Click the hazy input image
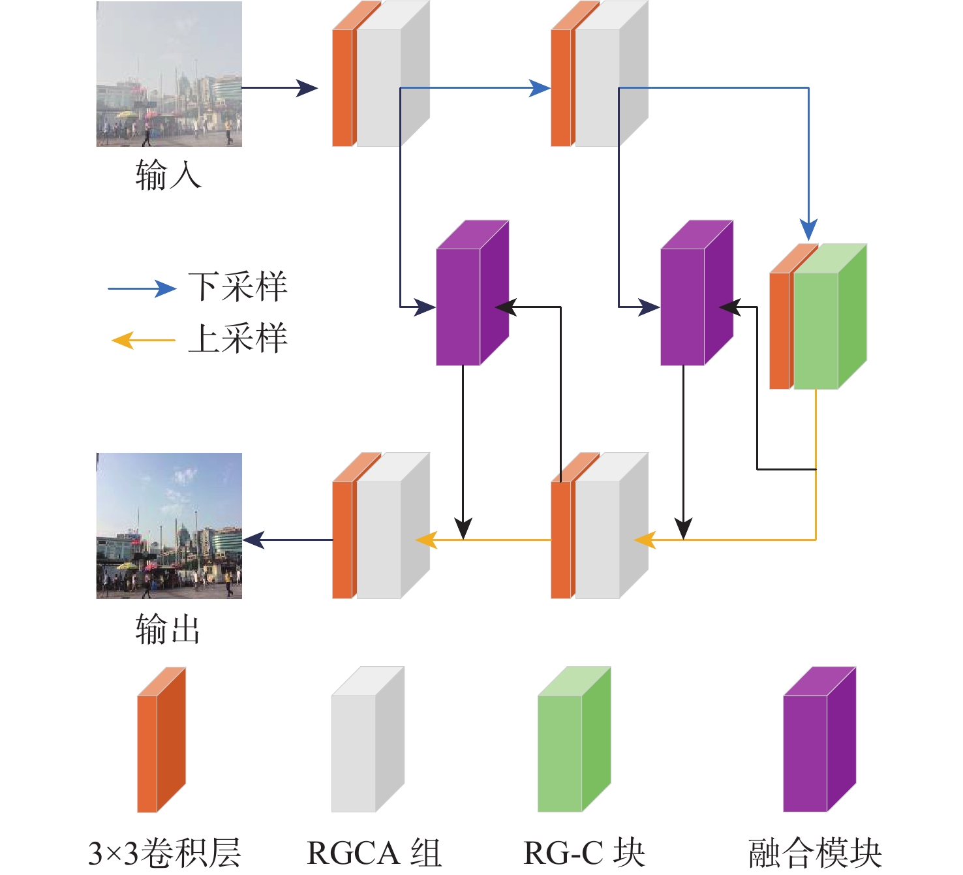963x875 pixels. point(169,74)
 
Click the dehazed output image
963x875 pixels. point(169,526)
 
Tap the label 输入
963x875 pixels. point(168,175)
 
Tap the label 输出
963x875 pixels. point(168,629)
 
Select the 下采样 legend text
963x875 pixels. point(238,287)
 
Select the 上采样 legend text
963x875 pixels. point(238,339)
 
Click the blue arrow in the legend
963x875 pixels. point(142,288)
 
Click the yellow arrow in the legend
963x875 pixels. point(144,340)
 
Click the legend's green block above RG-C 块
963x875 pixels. point(573,744)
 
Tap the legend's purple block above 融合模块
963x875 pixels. point(818,744)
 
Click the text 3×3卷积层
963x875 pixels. point(164,853)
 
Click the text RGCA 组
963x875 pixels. point(374,853)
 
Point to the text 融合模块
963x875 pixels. point(815,853)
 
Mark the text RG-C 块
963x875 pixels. point(584,853)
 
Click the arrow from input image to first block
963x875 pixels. point(279,88)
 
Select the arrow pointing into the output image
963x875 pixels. point(287,540)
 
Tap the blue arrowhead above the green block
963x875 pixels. point(808,230)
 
